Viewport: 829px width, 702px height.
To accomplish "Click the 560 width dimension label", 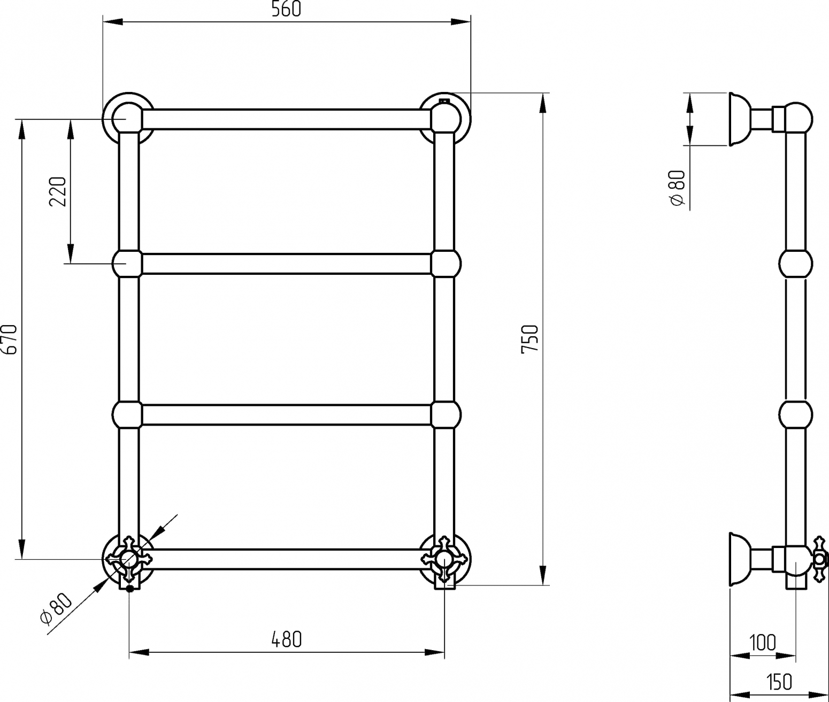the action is (286, 9).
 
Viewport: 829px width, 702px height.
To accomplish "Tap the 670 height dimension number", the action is (10, 340).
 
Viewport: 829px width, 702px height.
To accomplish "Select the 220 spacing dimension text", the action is (58, 191).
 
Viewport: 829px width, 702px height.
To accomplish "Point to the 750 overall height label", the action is (529, 339).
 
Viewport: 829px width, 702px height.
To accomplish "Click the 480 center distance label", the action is (286, 639).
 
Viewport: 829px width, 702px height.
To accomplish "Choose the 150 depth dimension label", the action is (779, 682).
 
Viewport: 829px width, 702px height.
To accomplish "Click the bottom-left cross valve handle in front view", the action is (128, 559).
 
